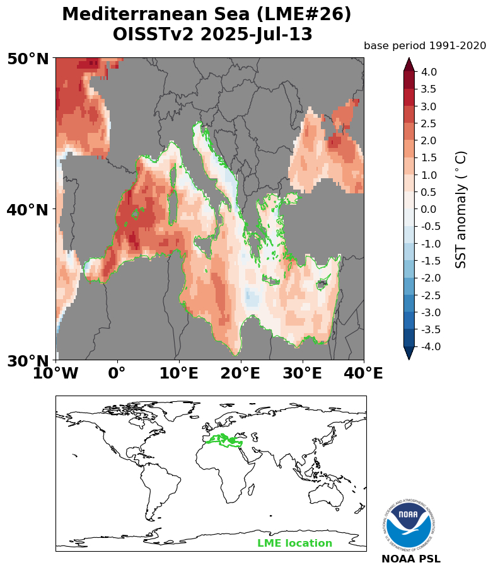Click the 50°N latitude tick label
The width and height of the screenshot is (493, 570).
point(28,59)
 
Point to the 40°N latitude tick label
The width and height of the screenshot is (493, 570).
point(28,210)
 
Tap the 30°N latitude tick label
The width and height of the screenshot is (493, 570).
point(28,361)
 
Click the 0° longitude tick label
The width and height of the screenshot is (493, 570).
point(117,373)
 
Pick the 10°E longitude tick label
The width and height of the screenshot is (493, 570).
point(179,373)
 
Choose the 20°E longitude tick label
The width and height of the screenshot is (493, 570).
point(241,373)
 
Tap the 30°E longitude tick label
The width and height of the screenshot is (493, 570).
point(303,373)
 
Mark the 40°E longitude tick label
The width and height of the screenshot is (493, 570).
point(363,373)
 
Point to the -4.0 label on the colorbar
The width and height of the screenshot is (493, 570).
point(431,346)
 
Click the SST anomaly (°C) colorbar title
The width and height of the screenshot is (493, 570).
point(461,209)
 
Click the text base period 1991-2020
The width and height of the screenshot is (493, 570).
point(425,45)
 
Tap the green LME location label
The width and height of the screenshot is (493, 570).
point(294,544)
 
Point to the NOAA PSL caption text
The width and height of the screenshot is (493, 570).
point(411,559)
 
